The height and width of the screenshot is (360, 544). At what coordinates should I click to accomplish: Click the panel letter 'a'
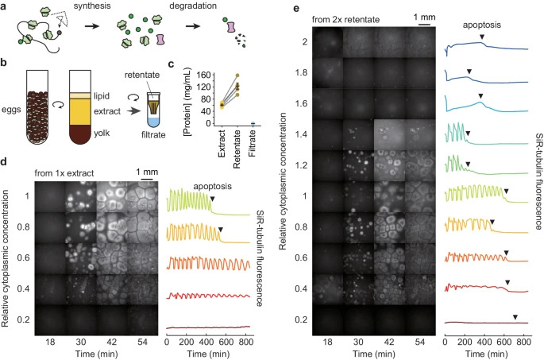[5, 6]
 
